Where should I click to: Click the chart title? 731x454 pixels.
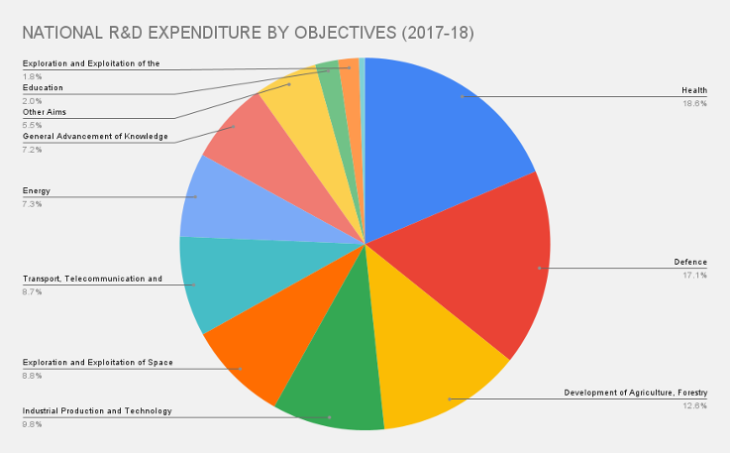click(248, 34)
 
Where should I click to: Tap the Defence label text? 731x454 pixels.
click(690, 263)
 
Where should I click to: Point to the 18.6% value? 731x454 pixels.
click(694, 103)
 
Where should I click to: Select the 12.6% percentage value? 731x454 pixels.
click(693, 404)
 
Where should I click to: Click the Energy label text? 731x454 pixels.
click(36, 190)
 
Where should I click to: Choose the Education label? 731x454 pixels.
click(43, 88)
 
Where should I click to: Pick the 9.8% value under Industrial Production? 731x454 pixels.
click(33, 423)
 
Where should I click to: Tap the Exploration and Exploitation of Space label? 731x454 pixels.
click(97, 363)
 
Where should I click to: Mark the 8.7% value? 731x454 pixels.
click(33, 290)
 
